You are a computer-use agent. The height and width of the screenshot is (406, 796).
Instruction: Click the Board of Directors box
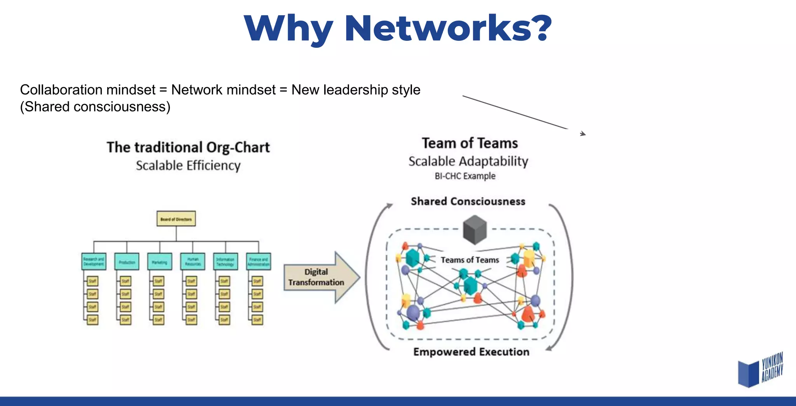[176, 219]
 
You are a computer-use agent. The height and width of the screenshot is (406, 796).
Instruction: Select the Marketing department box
[160, 262]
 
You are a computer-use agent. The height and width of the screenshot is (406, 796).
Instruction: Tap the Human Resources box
[193, 262]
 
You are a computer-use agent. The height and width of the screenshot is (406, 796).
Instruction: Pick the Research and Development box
[94, 262]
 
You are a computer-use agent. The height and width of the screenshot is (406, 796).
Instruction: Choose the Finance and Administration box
[258, 262]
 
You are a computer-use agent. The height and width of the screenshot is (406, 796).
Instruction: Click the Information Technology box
[225, 262]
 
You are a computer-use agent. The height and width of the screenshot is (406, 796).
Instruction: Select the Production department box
[127, 262]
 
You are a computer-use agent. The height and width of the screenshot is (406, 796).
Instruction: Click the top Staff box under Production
[125, 281]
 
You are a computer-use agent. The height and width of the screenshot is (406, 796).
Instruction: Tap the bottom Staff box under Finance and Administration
[257, 320]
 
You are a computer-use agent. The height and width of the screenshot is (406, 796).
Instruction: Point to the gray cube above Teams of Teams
[475, 230]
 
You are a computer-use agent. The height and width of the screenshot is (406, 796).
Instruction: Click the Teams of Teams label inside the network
[470, 260]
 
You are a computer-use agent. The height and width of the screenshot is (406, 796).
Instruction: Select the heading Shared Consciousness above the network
[468, 201]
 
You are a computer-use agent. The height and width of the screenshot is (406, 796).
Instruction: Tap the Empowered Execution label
[471, 352]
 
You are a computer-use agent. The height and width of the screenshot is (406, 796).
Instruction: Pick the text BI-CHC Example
[465, 176]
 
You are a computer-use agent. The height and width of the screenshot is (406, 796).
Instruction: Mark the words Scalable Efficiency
[188, 166]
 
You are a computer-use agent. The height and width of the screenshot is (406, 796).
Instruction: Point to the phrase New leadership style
[356, 90]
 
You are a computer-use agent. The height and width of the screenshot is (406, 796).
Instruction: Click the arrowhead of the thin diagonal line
[583, 134]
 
